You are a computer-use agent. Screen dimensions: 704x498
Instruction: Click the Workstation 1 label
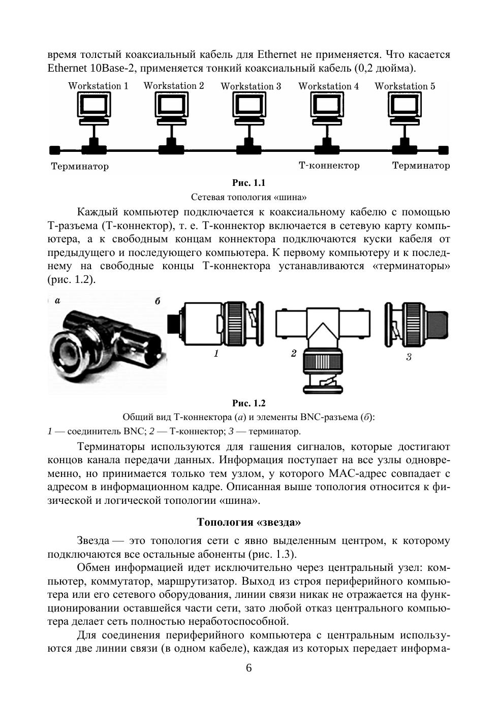(98, 86)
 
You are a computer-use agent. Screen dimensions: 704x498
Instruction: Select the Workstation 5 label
(404, 86)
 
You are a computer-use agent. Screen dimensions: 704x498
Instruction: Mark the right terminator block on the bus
(444, 150)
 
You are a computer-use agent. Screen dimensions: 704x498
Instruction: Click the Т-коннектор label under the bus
(329, 166)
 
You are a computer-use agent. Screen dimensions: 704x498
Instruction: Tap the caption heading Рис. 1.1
(249, 183)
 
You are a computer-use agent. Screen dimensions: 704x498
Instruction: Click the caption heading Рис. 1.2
(249, 403)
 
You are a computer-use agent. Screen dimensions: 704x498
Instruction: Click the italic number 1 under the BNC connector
(216, 354)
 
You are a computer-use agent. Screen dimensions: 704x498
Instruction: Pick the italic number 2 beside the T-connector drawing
(294, 354)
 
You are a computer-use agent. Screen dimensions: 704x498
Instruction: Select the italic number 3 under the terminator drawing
(409, 357)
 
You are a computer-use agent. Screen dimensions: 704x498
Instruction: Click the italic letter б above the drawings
(158, 301)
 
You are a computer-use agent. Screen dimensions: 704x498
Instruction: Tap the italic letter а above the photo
(57, 300)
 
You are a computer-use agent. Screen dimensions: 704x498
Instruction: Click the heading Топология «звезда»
(248, 522)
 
